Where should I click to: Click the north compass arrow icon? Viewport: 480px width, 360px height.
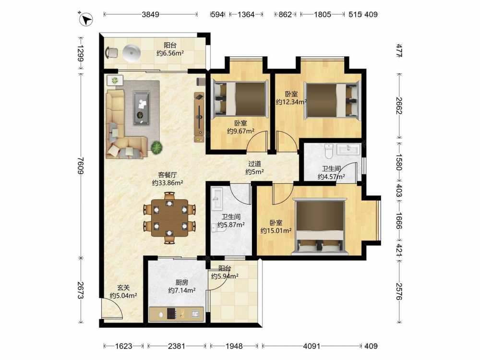(86, 20)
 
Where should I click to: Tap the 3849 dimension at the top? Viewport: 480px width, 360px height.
(150, 14)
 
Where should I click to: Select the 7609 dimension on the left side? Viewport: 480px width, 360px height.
(81, 166)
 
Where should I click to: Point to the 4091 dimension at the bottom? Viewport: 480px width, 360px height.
(312, 346)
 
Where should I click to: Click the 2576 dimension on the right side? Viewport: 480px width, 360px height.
(398, 291)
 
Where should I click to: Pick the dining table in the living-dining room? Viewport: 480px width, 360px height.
(170, 218)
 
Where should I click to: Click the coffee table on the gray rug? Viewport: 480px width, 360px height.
(142, 108)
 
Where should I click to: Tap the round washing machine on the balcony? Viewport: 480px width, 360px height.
(132, 53)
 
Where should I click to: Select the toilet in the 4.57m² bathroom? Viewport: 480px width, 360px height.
(329, 151)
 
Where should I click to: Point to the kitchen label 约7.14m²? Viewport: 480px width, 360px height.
(182, 290)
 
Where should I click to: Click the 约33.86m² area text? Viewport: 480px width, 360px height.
(168, 183)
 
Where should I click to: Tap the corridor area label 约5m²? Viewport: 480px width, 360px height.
(255, 172)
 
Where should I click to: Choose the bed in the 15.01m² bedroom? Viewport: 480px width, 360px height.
(320, 227)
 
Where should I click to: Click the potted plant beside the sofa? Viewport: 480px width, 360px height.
(156, 147)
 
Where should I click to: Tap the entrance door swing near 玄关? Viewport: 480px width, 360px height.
(112, 309)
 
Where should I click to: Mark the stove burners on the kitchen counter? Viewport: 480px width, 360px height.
(172, 313)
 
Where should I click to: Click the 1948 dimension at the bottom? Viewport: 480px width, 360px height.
(234, 346)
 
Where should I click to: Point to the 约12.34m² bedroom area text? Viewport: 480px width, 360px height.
(291, 102)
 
